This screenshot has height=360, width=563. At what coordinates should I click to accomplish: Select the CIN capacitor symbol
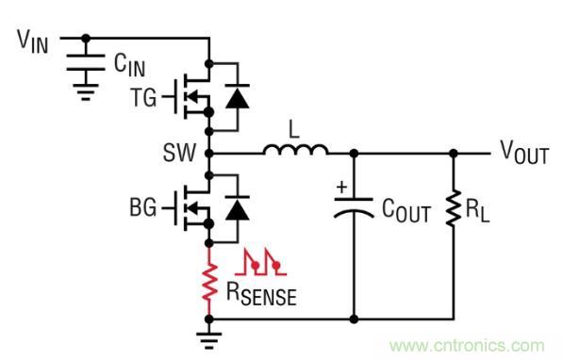87,64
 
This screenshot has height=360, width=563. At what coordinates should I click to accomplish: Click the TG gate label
143,96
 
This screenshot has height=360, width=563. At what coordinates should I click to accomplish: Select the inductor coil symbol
295,150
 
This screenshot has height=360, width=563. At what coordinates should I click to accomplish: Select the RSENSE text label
260,295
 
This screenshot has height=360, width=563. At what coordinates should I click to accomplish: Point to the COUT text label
404,214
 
